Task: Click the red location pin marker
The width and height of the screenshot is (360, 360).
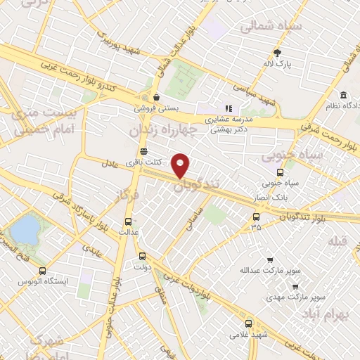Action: point(181,165)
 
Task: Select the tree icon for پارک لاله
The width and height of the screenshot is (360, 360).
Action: point(278,53)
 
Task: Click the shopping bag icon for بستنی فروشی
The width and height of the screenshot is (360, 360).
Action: point(155,97)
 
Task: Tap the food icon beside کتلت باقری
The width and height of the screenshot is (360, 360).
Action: point(143,150)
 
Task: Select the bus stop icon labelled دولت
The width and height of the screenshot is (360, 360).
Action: point(143,256)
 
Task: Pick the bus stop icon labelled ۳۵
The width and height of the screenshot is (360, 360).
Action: point(256,217)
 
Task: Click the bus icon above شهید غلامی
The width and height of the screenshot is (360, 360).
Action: point(248,323)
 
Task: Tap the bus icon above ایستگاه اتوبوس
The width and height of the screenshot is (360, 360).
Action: point(43,271)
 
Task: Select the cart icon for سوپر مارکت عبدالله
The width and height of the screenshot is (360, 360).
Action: point(270,259)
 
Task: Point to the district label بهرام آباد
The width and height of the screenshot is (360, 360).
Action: point(333,314)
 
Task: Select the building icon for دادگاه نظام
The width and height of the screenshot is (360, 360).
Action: point(343,95)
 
